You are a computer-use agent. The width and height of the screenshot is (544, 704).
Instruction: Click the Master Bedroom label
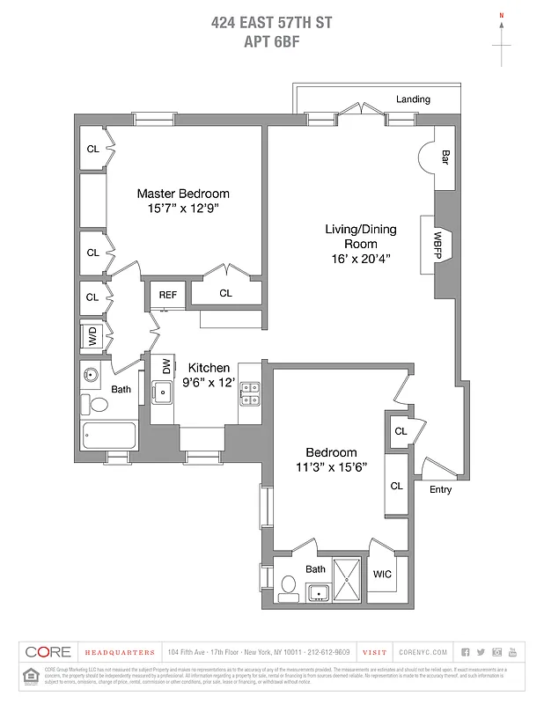pyautogui.click(x=182, y=194)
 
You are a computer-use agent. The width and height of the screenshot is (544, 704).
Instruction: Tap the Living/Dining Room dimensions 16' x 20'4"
pyautogui.click(x=361, y=258)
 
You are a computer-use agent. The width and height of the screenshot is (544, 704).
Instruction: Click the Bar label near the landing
pyautogui.click(x=445, y=158)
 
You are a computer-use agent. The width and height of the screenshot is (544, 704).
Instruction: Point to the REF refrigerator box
pyautogui.click(x=167, y=295)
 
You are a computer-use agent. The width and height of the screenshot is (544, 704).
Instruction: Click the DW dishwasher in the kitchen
pyautogui.click(x=165, y=366)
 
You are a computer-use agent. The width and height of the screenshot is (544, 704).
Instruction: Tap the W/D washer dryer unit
pyautogui.click(x=92, y=336)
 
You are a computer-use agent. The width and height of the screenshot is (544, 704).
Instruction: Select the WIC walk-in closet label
pyautogui.click(x=382, y=574)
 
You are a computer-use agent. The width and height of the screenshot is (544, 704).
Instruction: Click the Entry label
pyautogui.click(x=440, y=489)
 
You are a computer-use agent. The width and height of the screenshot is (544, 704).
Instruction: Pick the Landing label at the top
pyautogui.click(x=413, y=99)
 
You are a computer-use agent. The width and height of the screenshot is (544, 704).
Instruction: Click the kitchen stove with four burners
pyautogui.click(x=250, y=393)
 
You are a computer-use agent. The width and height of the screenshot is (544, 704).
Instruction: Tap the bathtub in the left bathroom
pyautogui.click(x=108, y=435)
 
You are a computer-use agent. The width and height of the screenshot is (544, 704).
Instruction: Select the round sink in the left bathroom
pyautogui.click(x=92, y=375)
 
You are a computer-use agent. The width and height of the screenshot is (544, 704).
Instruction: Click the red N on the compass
pyautogui.click(x=502, y=15)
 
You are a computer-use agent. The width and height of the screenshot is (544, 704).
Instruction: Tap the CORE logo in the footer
pyautogui.click(x=48, y=652)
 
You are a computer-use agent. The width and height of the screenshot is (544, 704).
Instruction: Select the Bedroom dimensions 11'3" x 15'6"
pyautogui.click(x=331, y=467)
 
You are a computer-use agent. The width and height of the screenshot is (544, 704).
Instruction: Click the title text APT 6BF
pyautogui.click(x=272, y=40)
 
